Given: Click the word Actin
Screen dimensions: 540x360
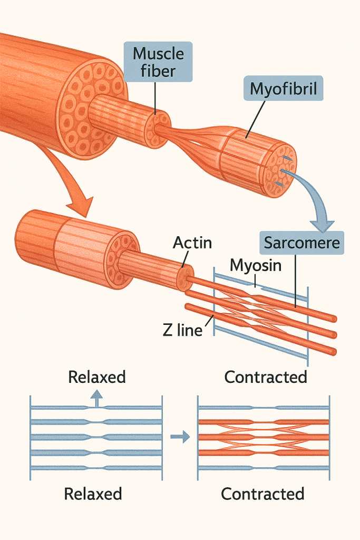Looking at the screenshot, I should pos(192,243).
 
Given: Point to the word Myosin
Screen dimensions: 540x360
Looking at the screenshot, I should pos(255,265).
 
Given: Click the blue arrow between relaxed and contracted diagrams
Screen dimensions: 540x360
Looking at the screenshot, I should pos(179,437).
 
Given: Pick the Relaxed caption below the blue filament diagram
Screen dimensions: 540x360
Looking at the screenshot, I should pos(93,494).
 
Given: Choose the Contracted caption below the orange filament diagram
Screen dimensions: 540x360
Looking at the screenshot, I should pos(262,494).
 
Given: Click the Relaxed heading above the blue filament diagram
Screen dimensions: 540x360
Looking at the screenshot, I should pos(97,377).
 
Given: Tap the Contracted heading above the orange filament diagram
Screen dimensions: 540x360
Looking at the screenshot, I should pos(266,377).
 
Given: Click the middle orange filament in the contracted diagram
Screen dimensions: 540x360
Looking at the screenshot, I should pos(264,437).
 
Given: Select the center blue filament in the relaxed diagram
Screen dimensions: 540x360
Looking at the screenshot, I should pos(95,437).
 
